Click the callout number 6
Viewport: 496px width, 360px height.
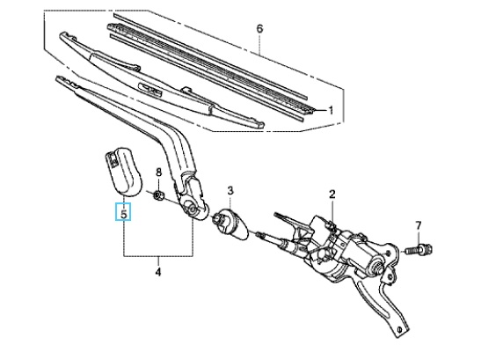[259, 29]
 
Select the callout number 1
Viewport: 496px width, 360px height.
[331, 111]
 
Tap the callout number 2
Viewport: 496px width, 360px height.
[332, 195]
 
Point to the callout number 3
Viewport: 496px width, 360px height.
[230, 191]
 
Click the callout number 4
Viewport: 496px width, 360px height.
[158, 272]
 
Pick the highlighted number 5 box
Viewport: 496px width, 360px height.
[123, 211]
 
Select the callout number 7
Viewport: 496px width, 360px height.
[419, 225]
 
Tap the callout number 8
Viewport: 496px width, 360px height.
[159, 173]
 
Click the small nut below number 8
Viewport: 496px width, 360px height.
[158, 195]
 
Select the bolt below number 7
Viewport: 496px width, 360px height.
[419, 249]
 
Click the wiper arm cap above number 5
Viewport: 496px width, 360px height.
[123, 171]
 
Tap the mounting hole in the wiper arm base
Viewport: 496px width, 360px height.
[192, 209]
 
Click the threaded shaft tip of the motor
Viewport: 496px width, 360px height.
[260, 235]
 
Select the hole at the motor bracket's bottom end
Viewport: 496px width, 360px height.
[399, 329]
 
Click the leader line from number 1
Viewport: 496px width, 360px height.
[320, 110]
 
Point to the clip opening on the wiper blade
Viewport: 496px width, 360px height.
[150, 89]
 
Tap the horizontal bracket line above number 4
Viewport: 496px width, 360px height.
[158, 256]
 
